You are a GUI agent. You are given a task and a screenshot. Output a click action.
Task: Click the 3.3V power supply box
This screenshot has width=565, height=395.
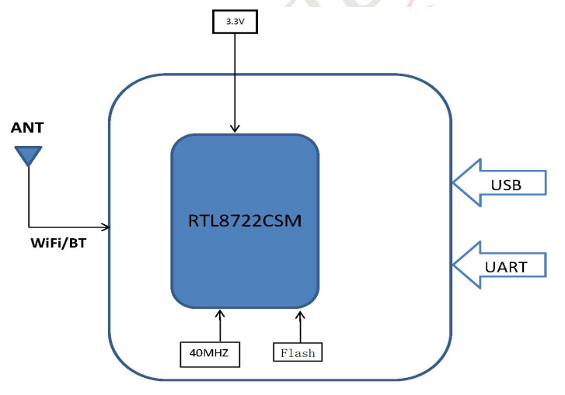(235, 23)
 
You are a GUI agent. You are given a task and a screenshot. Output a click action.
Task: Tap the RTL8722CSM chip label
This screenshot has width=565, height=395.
(244, 220)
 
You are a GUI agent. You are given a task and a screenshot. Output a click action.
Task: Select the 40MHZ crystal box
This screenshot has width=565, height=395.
(209, 353)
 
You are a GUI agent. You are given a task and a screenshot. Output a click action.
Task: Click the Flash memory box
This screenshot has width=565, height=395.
(298, 352)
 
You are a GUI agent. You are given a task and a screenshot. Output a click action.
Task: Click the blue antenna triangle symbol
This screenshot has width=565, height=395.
(30, 156)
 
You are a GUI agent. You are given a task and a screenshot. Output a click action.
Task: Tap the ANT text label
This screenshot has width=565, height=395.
(27, 127)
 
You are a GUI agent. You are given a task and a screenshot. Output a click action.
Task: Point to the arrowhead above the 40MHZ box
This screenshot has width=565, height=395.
(220, 314)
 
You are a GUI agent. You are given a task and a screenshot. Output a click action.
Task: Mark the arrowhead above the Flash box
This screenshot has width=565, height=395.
(298, 314)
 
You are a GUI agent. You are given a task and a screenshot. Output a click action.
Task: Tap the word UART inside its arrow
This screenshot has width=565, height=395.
(506, 267)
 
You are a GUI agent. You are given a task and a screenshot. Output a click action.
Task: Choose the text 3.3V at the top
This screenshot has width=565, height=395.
(235, 23)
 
